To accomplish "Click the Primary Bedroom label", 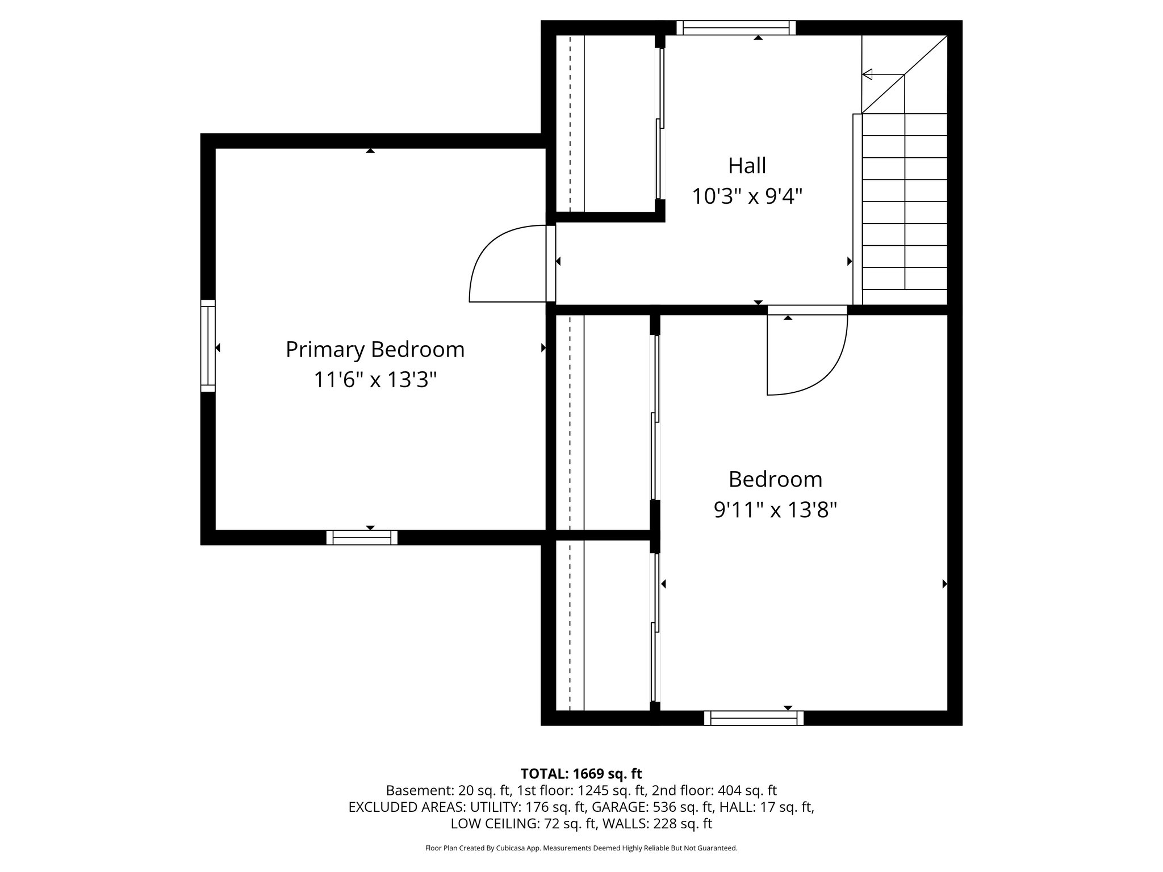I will click(x=375, y=350).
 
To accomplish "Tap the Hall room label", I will click(x=747, y=166).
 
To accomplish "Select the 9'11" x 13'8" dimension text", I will click(x=775, y=510).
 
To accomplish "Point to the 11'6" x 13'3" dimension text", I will click(x=375, y=380).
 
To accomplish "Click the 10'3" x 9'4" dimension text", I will click(x=747, y=197).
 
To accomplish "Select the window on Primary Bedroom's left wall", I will click(x=208, y=346).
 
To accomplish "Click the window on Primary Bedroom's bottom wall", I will click(x=362, y=538).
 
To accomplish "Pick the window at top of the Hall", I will click(x=736, y=28).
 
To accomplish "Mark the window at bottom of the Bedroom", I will click(x=754, y=718).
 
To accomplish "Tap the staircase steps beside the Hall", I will click(x=904, y=202).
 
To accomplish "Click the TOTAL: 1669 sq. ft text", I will click(x=581, y=773).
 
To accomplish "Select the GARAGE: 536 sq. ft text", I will click(x=652, y=807).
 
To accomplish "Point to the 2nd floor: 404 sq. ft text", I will click(x=714, y=790).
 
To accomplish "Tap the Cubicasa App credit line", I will click(x=581, y=848).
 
